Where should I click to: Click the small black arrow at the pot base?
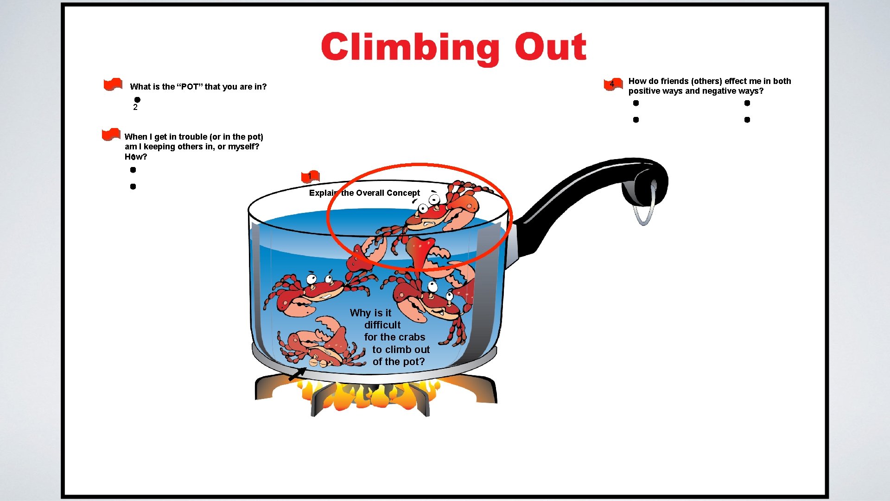point(297,373)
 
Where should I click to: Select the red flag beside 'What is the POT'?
point(113,84)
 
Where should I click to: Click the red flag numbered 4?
point(613,84)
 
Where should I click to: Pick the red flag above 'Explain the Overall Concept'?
point(311,176)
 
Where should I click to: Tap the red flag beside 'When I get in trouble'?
point(111,135)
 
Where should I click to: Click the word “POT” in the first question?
point(190,87)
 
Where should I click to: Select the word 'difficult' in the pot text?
point(382,325)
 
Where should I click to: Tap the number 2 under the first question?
point(135,108)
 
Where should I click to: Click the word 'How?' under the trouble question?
point(136,157)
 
